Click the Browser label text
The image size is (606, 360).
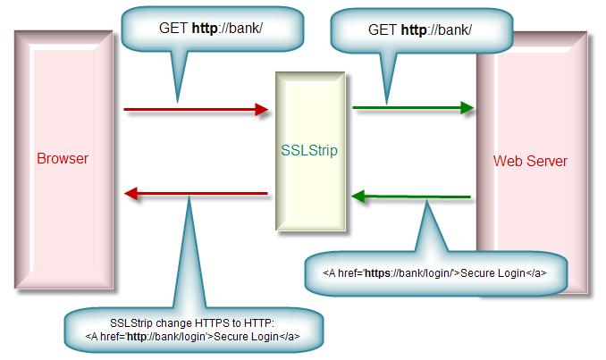point(63,158)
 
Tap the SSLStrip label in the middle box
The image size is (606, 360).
point(309,150)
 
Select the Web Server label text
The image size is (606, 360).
point(530,161)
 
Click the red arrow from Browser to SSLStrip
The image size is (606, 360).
point(196,110)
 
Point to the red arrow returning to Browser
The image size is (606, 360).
point(196,193)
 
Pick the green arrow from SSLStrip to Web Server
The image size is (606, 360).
point(413,107)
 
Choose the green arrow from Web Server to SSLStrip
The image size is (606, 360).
point(411,197)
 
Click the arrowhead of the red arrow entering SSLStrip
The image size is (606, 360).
point(262,110)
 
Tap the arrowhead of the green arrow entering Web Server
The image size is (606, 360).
point(467,107)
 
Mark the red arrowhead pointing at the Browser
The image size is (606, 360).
point(131,193)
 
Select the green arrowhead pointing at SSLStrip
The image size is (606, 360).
point(358,197)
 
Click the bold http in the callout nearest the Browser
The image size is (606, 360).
point(205,29)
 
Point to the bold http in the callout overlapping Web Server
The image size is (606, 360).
point(414,30)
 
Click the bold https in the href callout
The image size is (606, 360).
point(377,273)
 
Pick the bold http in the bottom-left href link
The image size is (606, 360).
point(137,337)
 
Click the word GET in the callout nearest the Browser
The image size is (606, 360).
point(173,29)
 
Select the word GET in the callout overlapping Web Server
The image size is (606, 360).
point(383,30)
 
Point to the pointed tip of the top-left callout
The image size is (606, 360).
point(178,103)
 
